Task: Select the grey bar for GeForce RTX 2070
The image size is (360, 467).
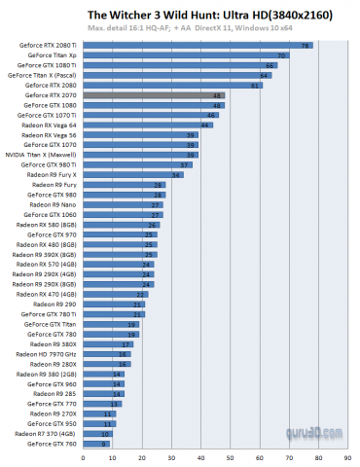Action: (x=155, y=95)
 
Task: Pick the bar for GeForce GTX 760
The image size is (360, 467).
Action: (x=95, y=444)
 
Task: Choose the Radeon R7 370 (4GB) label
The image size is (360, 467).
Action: (x=47, y=434)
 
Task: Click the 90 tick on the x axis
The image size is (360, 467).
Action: (x=347, y=455)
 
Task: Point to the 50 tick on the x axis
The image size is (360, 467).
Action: (x=230, y=455)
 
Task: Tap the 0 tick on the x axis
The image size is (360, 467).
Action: (x=84, y=455)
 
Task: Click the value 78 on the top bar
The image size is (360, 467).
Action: (x=306, y=46)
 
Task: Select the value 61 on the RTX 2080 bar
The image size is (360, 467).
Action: (x=256, y=86)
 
